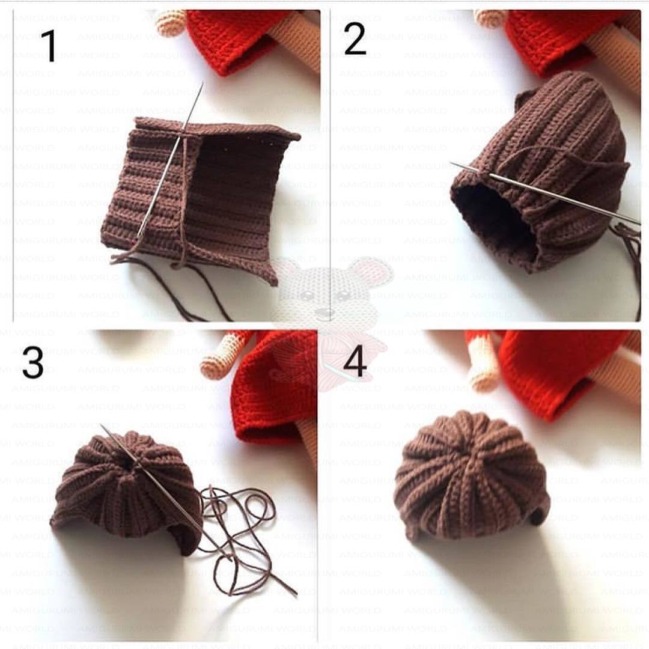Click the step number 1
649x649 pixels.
tap(49, 46)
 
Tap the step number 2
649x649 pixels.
tap(355, 38)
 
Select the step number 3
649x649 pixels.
tap(33, 362)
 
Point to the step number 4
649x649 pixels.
tap(355, 362)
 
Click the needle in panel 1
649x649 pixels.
tap(171, 159)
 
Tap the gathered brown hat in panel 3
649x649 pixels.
tap(126, 490)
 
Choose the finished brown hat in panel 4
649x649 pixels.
tap(472, 476)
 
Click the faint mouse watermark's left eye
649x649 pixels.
tap(306, 296)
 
